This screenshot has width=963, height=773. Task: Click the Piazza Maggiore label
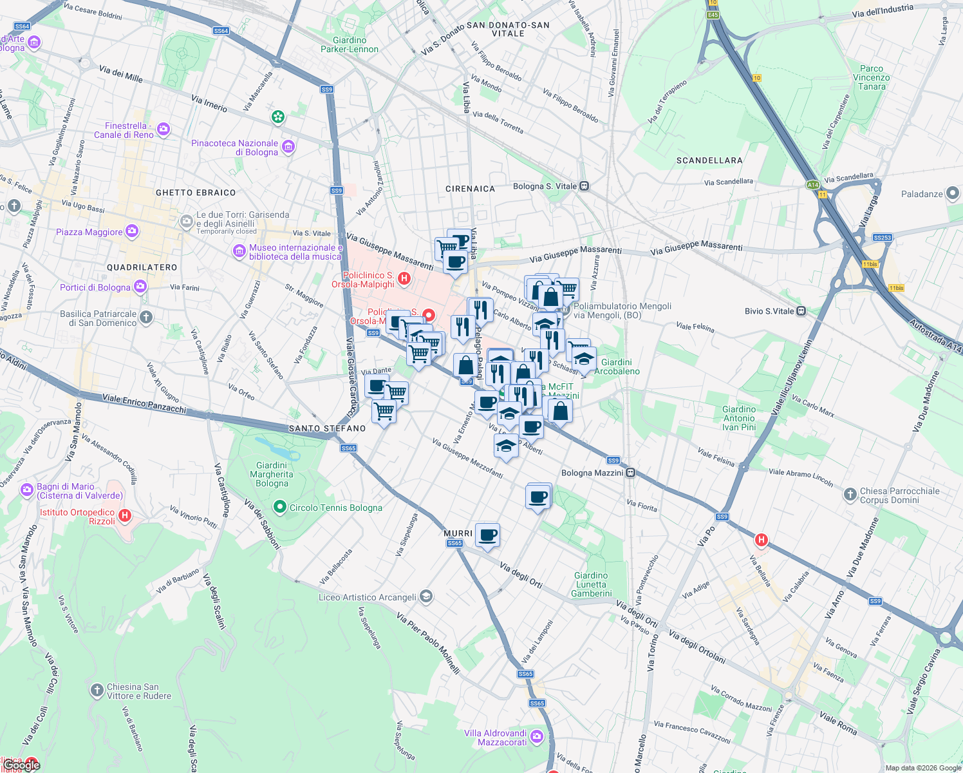(x=89, y=232)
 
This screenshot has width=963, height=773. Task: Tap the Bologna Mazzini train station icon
(x=631, y=473)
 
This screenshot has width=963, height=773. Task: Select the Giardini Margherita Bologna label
(x=272, y=474)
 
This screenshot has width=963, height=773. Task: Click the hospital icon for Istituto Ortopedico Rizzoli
(x=126, y=515)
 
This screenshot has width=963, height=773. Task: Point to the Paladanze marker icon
(x=953, y=194)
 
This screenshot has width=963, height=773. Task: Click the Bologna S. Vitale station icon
(x=584, y=186)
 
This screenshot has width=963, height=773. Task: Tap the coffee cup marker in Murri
(x=488, y=535)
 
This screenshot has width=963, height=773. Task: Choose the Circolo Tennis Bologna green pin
(x=279, y=508)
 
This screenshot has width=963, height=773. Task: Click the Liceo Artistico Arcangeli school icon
(x=425, y=597)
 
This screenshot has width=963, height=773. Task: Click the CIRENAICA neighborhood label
(x=470, y=189)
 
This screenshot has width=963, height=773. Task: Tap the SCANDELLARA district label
(x=709, y=160)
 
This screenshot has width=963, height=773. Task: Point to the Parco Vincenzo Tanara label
(x=872, y=77)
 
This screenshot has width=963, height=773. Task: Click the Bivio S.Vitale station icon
(x=801, y=311)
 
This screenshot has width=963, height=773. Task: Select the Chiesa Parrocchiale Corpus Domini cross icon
(x=850, y=495)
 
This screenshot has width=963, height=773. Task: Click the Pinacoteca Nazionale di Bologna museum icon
(x=288, y=148)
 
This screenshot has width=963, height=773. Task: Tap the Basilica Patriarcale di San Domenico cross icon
(x=147, y=317)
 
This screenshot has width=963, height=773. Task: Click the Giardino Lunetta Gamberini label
(x=591, y=584)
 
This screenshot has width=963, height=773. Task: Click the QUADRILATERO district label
(x=142, y=267)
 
